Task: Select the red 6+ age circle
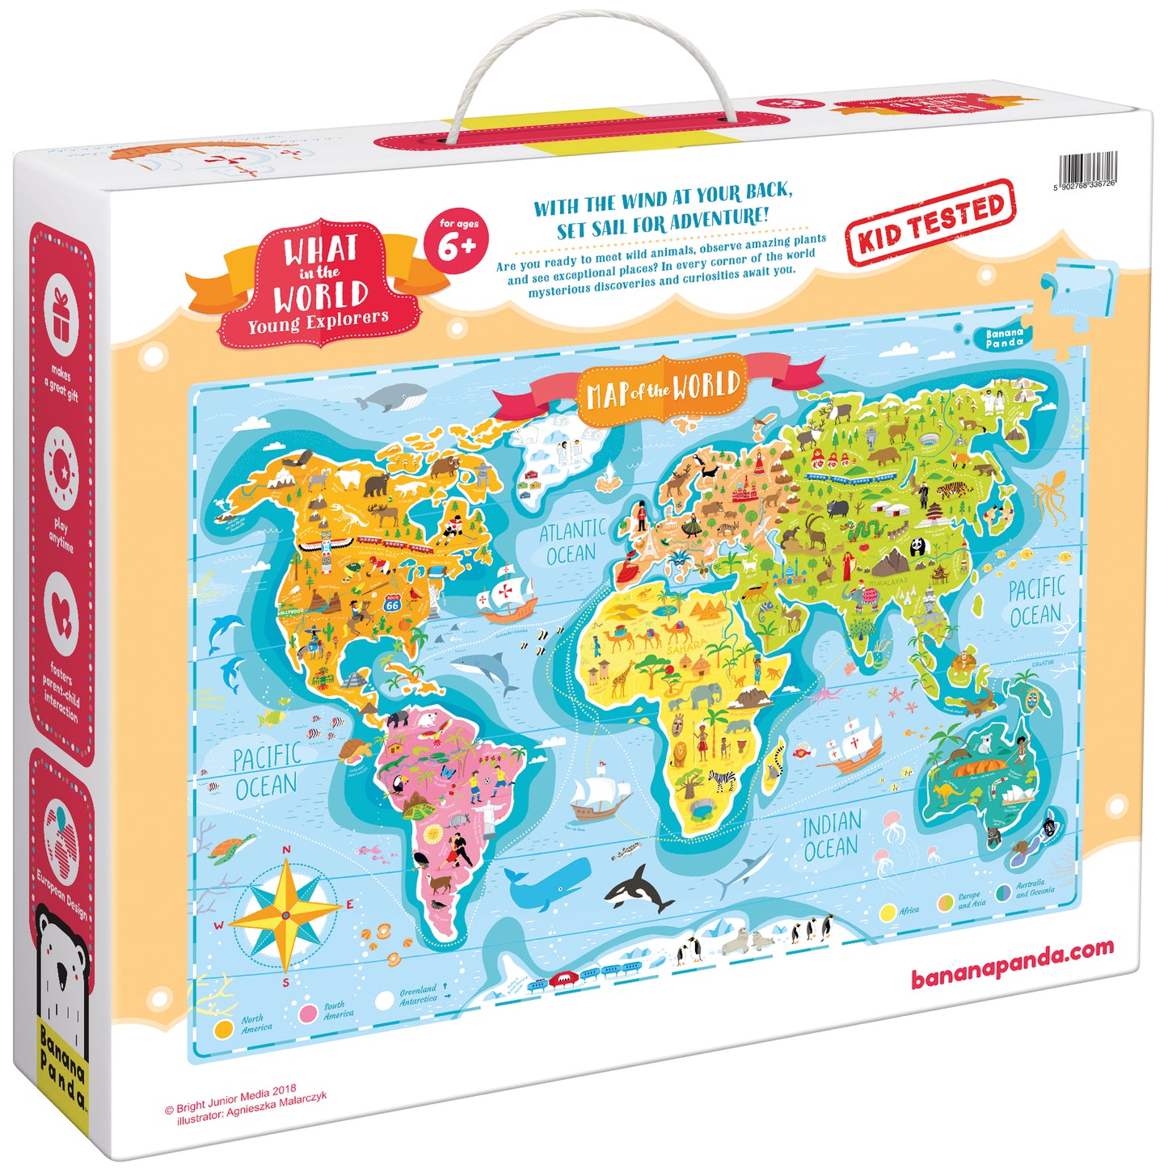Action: coord(457,241)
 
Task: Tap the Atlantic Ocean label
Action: coord(572,542)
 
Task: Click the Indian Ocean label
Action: coord(831,836)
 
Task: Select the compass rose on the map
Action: coord(285,914)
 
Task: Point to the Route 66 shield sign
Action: coord(393,602)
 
